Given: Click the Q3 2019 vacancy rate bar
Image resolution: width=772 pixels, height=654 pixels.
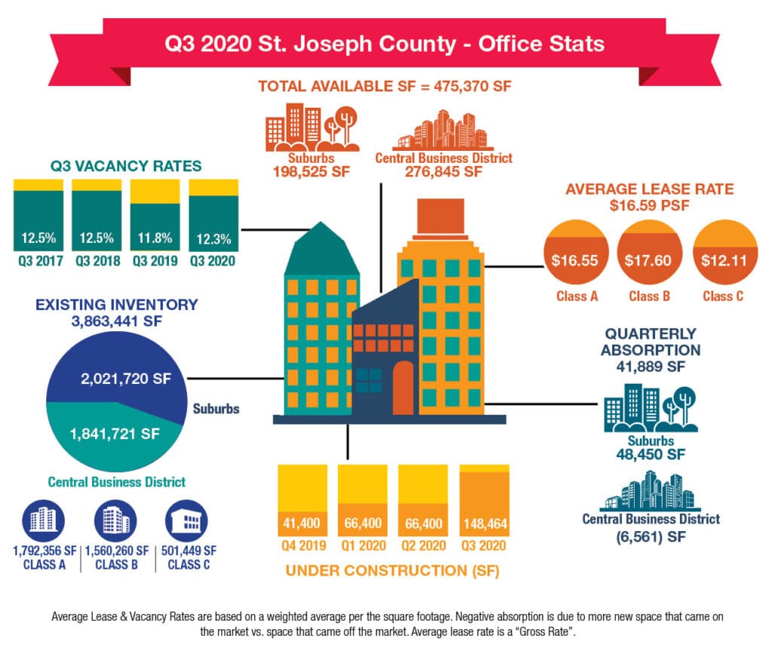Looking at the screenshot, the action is pyautogui.click(x=155, y=215).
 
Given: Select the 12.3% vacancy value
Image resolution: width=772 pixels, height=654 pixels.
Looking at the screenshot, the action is pyautogui.click(x=213, y=239).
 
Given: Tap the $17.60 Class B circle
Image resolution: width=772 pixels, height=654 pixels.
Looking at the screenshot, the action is pyautogui.click(x=649, y=253).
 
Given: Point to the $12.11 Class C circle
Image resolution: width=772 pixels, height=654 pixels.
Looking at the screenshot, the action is pyautogui.click(x=725, y=253).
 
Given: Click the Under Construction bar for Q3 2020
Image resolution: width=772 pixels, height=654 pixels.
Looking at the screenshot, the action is pyautogui.click(x=485, y=500).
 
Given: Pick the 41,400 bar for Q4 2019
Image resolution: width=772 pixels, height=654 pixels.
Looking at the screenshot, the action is pyautogui.click(x=302, y=500).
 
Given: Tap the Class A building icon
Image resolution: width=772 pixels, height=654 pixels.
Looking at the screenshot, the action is pyautogui.click(x=43, y=520).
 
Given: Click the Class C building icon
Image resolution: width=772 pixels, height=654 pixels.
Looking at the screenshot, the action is pyautogui.click(x=187, y=520).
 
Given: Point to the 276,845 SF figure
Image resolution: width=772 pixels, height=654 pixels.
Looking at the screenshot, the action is pyautogui.click(x=443, y=172).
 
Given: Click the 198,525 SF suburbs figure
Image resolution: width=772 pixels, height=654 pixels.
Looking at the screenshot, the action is pyautogui.click(x=311, y=172).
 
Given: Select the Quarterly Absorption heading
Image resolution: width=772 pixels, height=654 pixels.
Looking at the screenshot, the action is pyautogui.click(x=651, y=342).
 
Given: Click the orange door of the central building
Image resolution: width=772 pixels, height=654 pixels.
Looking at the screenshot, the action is pyautogui.click(x=403, y=388).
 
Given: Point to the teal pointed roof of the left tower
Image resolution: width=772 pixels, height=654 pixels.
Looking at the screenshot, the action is pyautogui.click(x=321, y=249).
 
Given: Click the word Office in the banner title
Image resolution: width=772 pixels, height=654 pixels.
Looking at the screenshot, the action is pyautogui.click(x=509, y=44).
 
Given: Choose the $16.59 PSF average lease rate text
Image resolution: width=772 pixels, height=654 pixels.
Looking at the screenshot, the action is pyautogui.click(x=649, y=205).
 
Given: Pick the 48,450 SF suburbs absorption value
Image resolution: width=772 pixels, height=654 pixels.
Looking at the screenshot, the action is pyautogui.click(x=651, y=455).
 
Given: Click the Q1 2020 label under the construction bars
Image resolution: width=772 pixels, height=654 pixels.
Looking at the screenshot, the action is pyautogui.click(x=363, y=545).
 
